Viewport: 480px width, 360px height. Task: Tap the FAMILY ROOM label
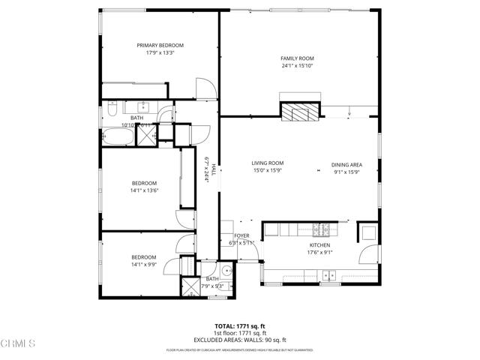[297, 58]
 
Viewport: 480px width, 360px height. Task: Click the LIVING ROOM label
[267, 163]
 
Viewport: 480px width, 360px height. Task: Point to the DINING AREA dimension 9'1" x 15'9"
[346, 172]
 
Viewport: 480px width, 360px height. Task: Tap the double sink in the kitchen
[328, 276]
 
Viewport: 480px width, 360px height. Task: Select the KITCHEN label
[320, 245]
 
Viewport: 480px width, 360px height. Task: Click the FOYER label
[240, 235]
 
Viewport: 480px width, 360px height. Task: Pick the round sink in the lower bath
[226, 270]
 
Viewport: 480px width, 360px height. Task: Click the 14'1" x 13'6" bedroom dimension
[145, 190]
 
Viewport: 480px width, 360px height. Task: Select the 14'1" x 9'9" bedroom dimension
[145, 264]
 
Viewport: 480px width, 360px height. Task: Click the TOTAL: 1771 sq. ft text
[240, 325]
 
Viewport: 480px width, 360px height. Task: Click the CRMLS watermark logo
[19, 344]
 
